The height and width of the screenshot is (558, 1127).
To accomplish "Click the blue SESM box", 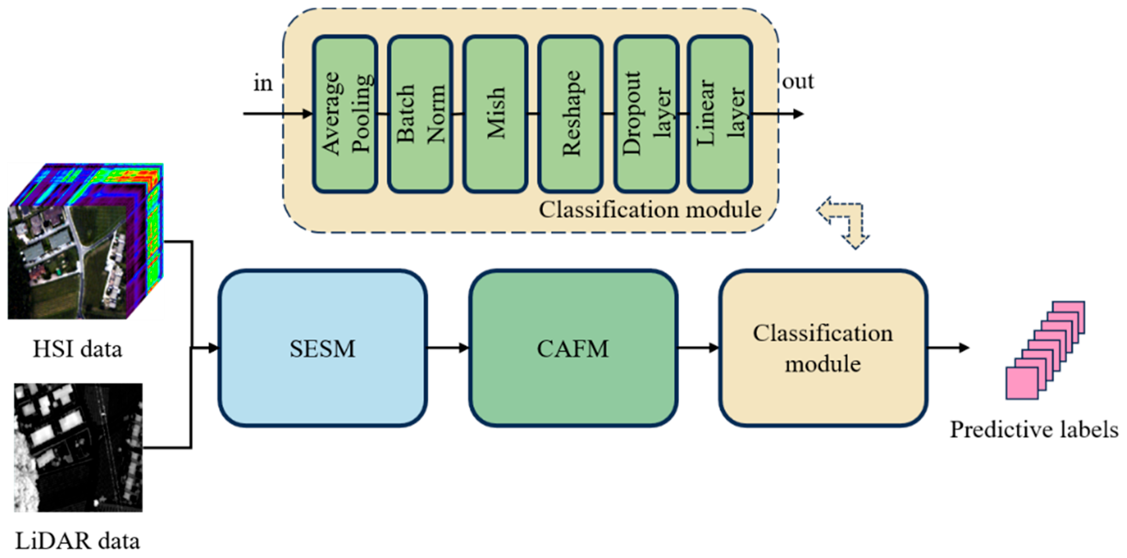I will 322,348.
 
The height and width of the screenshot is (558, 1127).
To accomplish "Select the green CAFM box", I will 573,348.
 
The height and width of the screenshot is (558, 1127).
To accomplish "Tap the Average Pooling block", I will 345,114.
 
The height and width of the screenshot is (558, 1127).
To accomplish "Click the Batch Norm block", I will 420,114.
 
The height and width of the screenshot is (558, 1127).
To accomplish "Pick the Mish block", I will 495,114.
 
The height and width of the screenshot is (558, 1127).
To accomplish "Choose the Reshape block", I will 570,114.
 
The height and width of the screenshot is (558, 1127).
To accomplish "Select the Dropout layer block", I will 646,114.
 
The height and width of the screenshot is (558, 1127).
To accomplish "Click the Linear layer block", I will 720,114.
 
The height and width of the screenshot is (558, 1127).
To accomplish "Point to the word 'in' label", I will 263,83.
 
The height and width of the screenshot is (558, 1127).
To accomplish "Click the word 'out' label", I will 798,82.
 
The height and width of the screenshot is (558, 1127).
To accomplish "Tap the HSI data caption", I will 77,350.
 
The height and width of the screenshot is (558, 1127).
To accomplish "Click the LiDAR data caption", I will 77,541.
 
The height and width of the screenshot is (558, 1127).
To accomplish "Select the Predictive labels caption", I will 1034,430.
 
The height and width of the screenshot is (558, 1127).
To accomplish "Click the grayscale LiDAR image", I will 78,448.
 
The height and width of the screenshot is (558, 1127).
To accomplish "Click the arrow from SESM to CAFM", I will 447,348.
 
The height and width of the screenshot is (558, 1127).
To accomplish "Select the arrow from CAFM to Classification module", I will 697,348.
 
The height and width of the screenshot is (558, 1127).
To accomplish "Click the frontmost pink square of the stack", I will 1022,383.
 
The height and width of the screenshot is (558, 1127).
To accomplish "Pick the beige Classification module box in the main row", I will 823,348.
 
